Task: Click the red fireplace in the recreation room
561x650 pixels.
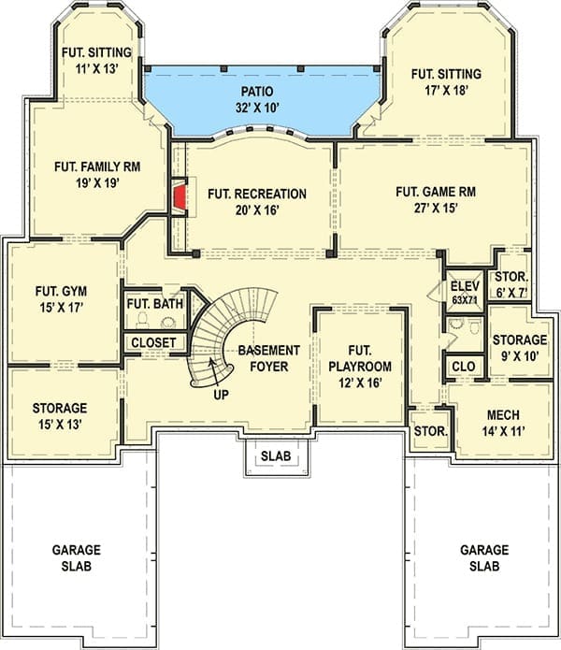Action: click(x=179, y=197)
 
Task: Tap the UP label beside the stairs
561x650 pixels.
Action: click(x=221, y=395)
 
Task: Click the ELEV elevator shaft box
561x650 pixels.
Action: click(x=465, y=292)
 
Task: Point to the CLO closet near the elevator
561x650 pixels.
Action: click(x=464, y=367)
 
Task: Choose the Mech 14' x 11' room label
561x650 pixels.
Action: click(x=503, y=424)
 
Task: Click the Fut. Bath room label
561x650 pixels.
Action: click(x=155, y=304)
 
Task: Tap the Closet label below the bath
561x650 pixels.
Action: click(x=153, y=343)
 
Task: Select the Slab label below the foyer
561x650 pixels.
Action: click(x=276, y=456)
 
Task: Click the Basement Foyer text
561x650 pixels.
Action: click(x=269, y=358)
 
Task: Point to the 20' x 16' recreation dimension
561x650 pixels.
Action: click(x=257, y=210)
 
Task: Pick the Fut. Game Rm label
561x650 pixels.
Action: click(x=436, y=192)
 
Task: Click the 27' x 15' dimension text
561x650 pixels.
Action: click(x=436, y=209)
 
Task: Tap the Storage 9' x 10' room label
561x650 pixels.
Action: click(x=520, y=348)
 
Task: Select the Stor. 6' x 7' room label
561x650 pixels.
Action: click(x=511, y=285)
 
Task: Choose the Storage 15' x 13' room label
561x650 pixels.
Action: click(x=60, y=416)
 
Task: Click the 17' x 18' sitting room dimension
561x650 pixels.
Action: click(x=446, y=91)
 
